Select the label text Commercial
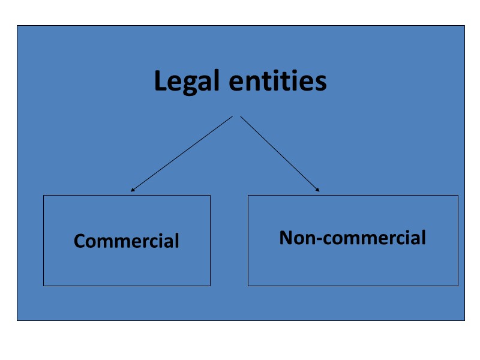click(x=127, y=241)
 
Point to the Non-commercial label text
click(x=353, y=238)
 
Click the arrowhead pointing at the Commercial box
click(x=132, y=191)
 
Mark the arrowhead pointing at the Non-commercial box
click(x=318, y=191)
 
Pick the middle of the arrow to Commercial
click(x=182, y=154)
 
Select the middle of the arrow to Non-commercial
click(x=280, y=154)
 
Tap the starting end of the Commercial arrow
click(x=232, y=116)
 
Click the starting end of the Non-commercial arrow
click(x=241, y=116)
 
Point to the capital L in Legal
click(x=160, y=81)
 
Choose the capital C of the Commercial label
click(x=80, y=241)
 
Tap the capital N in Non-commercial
click(x=286, y=238)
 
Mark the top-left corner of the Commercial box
click(x=43, y=195)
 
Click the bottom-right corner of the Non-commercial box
click(x=458, y=286)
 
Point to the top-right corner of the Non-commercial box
click(x=458, y=195)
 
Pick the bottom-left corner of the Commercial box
click(x=43, y=286)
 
